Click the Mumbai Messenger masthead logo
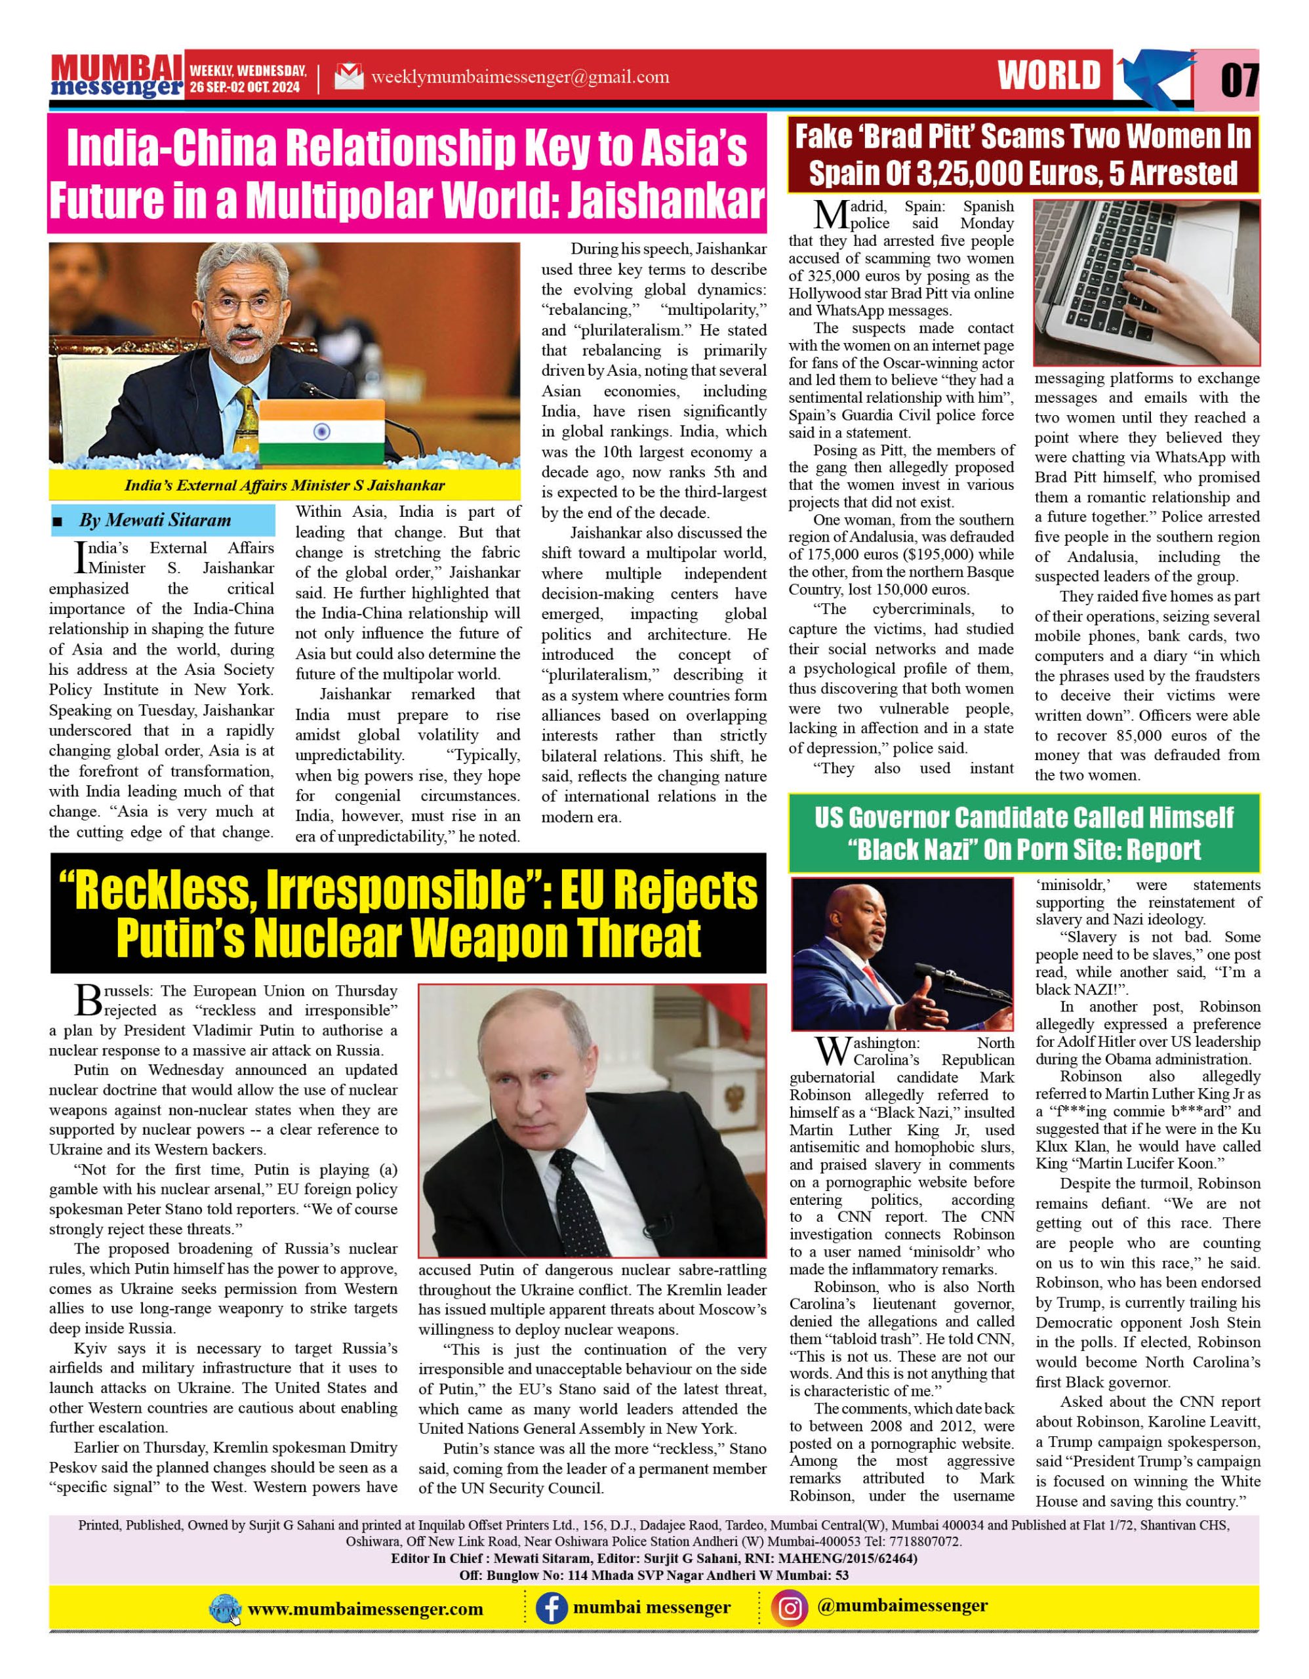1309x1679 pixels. tap(116, 76)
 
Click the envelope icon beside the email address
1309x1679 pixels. tap(349, 77)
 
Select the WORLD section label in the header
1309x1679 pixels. tap(1049, 76)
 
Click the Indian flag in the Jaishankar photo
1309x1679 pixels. tap(321, 432)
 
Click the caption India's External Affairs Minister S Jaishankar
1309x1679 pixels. tap(285, 486)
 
